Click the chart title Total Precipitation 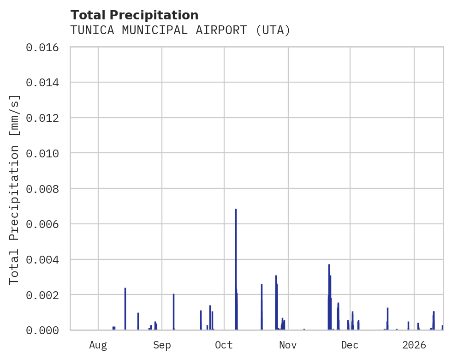tap(134, 15)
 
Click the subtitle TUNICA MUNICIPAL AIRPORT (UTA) tap(180, 30)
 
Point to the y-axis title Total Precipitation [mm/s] tap(15, 189)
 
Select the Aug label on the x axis tap(98, 345)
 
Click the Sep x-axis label tap(162, 345)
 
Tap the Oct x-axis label tap(224, 345)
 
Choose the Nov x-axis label tap(287, 345)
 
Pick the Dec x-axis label tap(350, 345)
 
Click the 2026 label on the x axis tap(414, 345)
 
